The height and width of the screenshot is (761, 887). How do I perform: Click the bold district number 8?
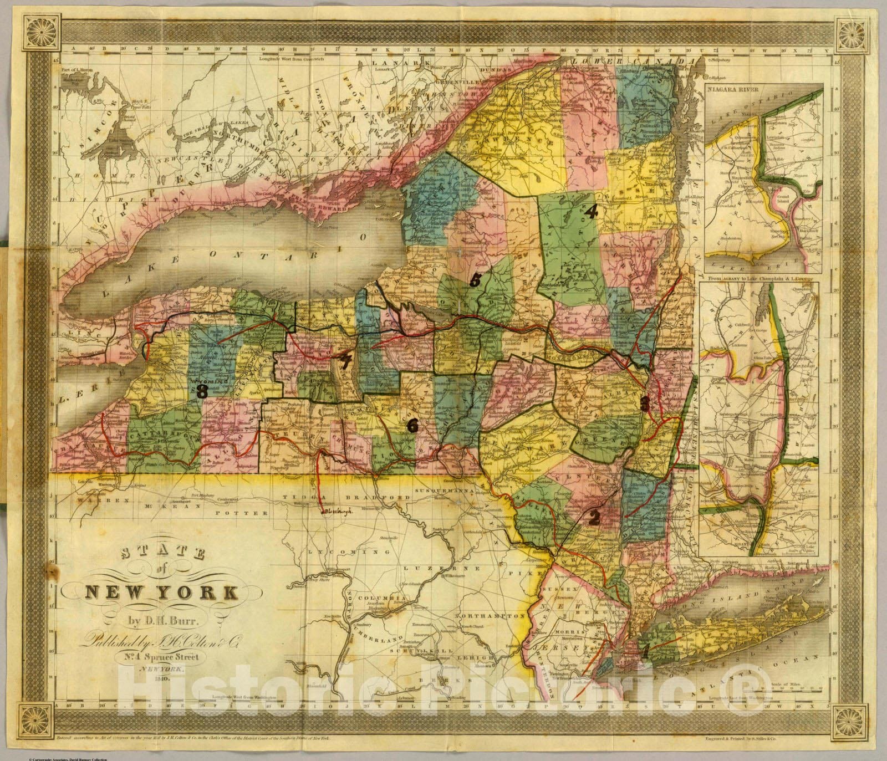201,392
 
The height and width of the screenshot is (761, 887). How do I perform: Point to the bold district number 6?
412,426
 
